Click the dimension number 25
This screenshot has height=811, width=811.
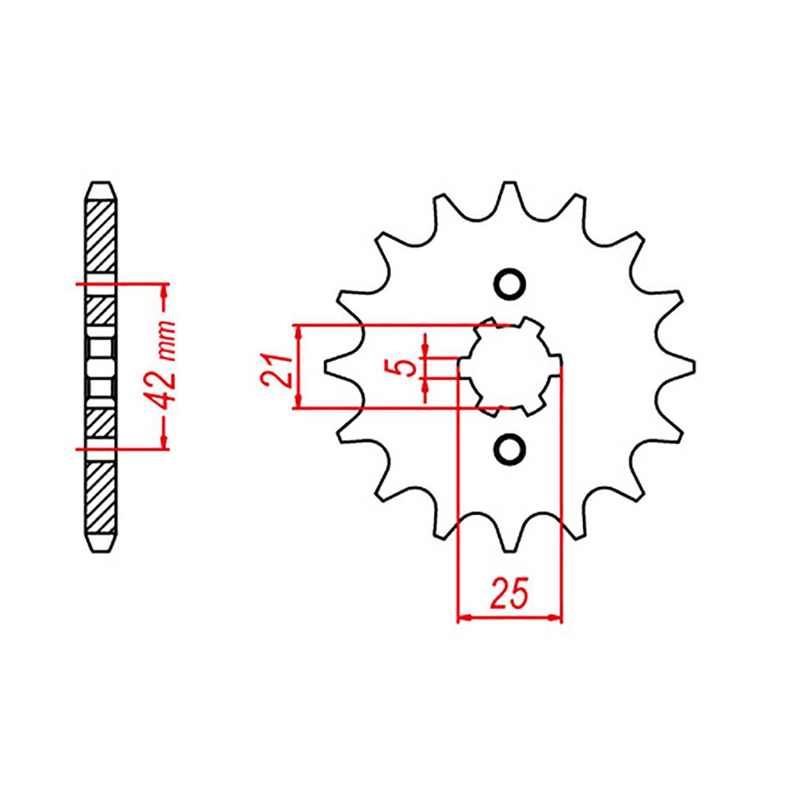[509, 592]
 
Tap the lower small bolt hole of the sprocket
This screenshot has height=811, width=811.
[509, 448]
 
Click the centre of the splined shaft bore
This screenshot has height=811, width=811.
[509, 366]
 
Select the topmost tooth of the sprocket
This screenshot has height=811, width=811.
[509, 190]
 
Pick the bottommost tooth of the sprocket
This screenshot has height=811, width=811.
[509, 542]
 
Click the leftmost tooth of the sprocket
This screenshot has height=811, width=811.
[332, 366]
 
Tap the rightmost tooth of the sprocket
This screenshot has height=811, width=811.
[687, 366]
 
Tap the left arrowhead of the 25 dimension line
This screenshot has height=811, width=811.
[463, 618]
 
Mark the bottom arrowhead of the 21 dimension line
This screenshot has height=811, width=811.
[299, 402]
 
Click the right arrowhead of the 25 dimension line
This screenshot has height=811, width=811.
[557, 618]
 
